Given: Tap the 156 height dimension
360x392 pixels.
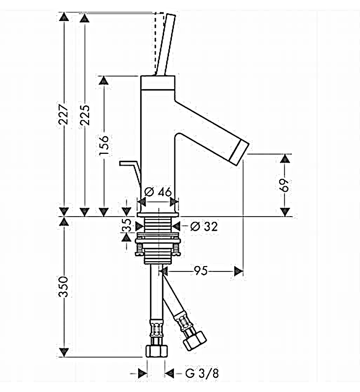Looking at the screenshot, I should pos(103,146).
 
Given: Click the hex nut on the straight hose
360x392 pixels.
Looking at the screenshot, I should pos(157,349).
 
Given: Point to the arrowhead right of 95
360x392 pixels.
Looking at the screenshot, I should pos(239,270).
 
